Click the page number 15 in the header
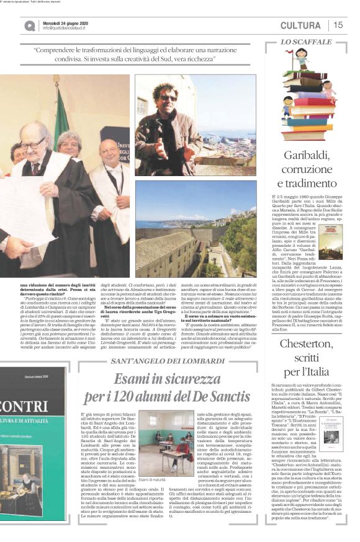point(338,25)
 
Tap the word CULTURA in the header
point(300,25)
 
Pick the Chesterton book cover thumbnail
point(331,429)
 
